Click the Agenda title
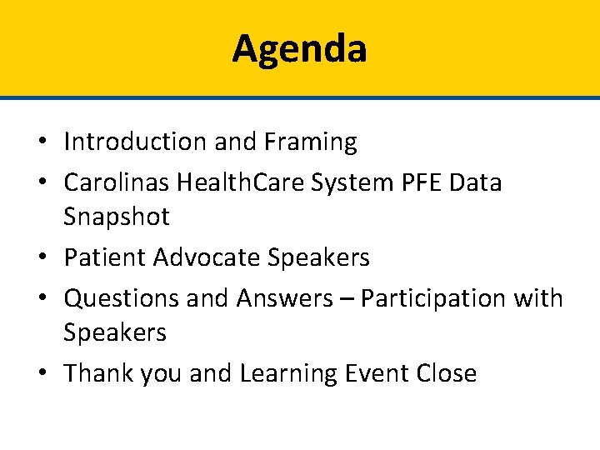pyautogui.click(x=299, y=48)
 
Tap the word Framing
pyautogui.click(x=311, y=142)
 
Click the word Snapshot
pyautogui.click(x=117, y=217)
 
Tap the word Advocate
pyautogui.click(x=207, y=257)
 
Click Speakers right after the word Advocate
pyautogui.click(x=319, y=257)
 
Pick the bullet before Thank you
pyautogui.click(x=47, y=373)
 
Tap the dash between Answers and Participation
pyautogui.click(x=346, y=298)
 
